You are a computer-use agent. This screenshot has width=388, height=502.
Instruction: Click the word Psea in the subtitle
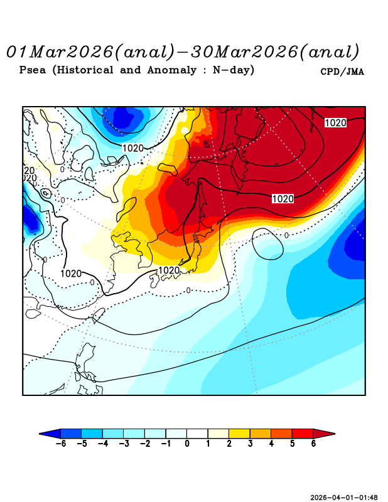(x=33, y=70)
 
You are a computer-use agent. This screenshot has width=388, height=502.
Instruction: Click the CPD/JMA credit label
(x=342, y=72)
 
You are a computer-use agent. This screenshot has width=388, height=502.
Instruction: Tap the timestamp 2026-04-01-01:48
(x=344, y=497)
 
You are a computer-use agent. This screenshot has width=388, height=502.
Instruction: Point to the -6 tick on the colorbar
(x=60, y=444)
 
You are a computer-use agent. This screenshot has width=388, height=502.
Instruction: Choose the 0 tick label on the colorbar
(x=186, y=444)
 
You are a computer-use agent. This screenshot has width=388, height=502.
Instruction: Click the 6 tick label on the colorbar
(x=313, y=444)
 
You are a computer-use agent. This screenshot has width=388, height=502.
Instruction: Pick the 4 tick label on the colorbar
(x=271, y=444)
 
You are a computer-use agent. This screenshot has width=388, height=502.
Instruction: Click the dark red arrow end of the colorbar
(x=324, y=433)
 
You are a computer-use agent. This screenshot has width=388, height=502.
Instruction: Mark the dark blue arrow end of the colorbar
(x=50, y=433)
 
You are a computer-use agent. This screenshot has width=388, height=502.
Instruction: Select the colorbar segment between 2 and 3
(x=239, y=433)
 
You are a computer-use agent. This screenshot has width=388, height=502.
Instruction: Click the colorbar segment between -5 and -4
(x=92, y=433)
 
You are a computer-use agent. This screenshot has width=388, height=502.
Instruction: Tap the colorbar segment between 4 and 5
(x=281, y=433)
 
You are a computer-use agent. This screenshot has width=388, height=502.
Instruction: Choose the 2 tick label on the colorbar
(x=229, y=444)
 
